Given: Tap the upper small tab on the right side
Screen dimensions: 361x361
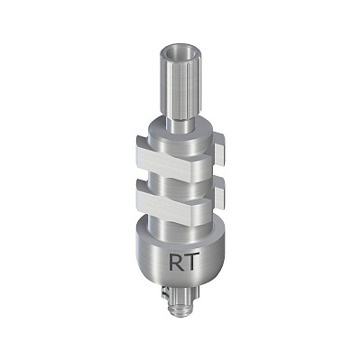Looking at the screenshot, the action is (x=219, y=149).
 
